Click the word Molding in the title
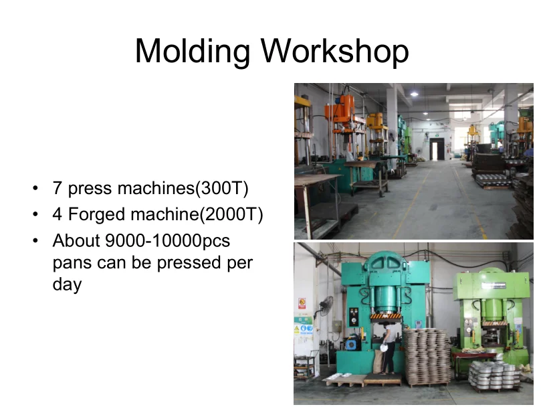coord(192,52)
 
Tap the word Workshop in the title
coord(335,51)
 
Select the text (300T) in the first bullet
coord(222,188)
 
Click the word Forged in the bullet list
coord(96,215)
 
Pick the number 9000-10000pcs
coord(167,241)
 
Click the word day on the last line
coord(67,284)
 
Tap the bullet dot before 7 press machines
coord(35,189)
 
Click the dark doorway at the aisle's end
coord(437,149)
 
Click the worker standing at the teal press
coord(389,348)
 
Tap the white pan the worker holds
coord(384,347)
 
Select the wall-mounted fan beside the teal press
coord(326,307)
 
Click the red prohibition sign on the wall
coord(302,303)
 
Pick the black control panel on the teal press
coord(354,317)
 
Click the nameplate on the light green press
coord(494,286)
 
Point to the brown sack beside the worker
coord(378,361)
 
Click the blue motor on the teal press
coord(351,343)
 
